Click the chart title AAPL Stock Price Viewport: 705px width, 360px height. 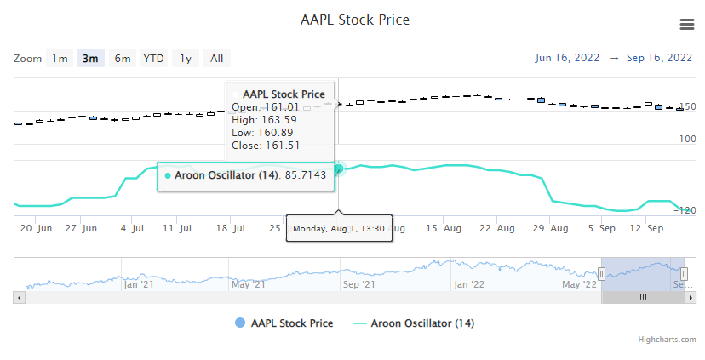tap(355, 20)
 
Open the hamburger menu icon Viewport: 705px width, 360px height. tap(687, 24)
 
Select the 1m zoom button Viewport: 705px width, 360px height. tap(60, 59)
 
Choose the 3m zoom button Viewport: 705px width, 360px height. tap(90, 59)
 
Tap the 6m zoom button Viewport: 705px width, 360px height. tap(123, 59)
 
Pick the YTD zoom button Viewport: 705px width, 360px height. tap(153, 59)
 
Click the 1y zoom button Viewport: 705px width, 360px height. tap(185, 59)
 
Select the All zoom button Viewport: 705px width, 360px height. tap(217, 59)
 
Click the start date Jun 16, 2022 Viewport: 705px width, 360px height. tap(567, 58)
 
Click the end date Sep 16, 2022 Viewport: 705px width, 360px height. tap(659, 58)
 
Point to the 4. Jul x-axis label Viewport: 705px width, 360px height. tap(132, 229)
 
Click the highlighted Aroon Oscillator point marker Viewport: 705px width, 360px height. tap(338, 169)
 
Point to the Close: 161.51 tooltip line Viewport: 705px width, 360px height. tap(266, 145)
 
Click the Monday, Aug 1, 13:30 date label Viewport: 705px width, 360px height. tap(339, 229)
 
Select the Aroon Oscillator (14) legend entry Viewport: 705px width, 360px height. tap(413, 323)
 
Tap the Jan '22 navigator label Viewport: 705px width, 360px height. tap(468, 284)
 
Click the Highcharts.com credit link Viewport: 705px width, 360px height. tap(668, 340)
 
